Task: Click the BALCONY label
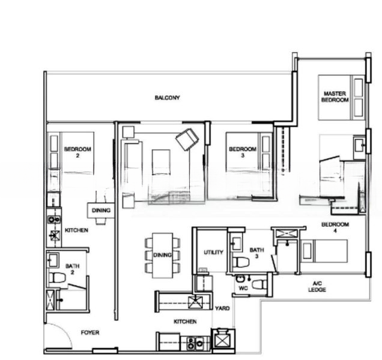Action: click(x=166, y=97)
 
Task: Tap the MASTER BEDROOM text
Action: click(x=335, y=97)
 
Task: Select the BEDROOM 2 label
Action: click(x=77, y=152)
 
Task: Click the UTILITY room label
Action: click(x=213, y=253)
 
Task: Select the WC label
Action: click(x=243, y=289)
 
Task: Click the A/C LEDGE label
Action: click(x=319, y=287)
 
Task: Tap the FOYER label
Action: click(x=90, y=332)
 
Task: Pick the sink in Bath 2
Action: click(x=53, y=260)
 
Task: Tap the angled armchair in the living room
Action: click(x=187, y=140)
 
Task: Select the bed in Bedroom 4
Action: click(x=324, y=251)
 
